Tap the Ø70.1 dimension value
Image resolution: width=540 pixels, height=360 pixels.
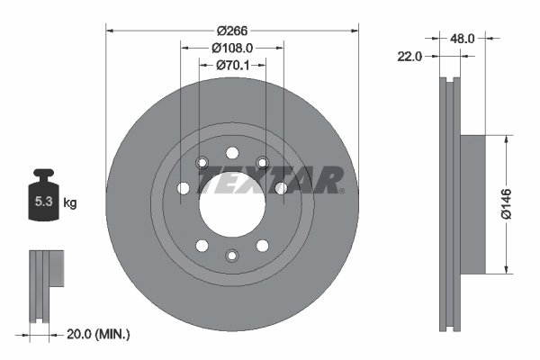click(x=232, y=65)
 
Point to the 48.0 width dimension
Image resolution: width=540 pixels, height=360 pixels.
click(x=462, y=39)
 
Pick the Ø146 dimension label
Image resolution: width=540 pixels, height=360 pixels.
click(x=520, y=203)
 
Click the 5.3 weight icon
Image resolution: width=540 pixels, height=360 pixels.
click(x=44, y=201)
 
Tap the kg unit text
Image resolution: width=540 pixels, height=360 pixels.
click(x=70, y=203)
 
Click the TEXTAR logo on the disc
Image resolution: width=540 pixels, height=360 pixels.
click(x=269, y=181)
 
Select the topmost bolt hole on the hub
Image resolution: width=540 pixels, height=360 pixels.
click(x=231, y=152)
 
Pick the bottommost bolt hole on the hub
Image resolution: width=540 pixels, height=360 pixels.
click(x=231, y=256)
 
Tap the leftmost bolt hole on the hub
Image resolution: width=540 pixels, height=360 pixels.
click(x=184, y=188)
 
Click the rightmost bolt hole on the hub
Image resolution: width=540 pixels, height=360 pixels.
click(x=281, y=188)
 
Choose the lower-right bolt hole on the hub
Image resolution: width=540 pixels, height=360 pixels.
click(x=262, y=246)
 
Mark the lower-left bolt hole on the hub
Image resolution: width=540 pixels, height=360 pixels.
click(x=202, y=246)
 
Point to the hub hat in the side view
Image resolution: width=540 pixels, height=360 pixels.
click(x=472, y=204)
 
